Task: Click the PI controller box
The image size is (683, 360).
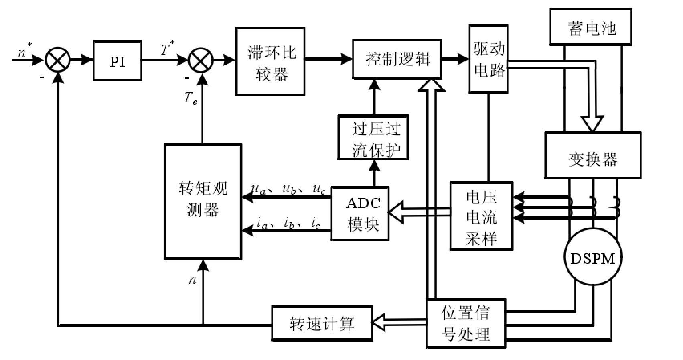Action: point(117,61)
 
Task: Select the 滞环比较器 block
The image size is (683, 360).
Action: point(270,61)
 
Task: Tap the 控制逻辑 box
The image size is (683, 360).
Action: point(397,59)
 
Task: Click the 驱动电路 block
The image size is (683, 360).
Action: point(488,59)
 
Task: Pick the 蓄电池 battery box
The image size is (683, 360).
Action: point(591,26)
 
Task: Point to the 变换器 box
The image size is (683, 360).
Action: point(592,155)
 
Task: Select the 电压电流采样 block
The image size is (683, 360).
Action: point(481,216)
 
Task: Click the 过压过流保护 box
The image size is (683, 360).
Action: point(373,138)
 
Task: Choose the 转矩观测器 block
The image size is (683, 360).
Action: point(203,201)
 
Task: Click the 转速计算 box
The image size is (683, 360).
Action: point(322,323)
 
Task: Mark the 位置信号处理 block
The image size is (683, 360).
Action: point(466,323)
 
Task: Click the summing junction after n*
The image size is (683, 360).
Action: point(58,61)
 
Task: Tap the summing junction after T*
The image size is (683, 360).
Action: point(201,61)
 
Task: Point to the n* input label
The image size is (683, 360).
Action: point(25,52)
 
